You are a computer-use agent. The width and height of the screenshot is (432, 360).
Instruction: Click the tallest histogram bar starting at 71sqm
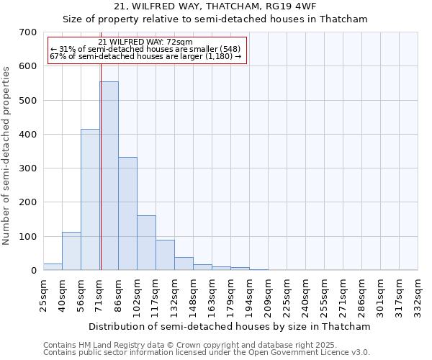(109, 176)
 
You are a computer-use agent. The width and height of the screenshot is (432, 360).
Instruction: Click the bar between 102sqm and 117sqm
(146, 243)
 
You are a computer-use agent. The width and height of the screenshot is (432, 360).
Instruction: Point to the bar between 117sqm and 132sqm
(165, 255)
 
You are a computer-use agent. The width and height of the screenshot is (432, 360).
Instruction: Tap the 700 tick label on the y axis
(28, 32)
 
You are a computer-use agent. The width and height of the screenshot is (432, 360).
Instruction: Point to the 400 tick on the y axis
(28, 135)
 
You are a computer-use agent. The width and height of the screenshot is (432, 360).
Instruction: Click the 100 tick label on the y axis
(28, 237)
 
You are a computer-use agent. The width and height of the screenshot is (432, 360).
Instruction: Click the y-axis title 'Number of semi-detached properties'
(7, 155)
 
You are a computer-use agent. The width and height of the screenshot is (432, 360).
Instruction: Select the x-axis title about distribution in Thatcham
(230, 326)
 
